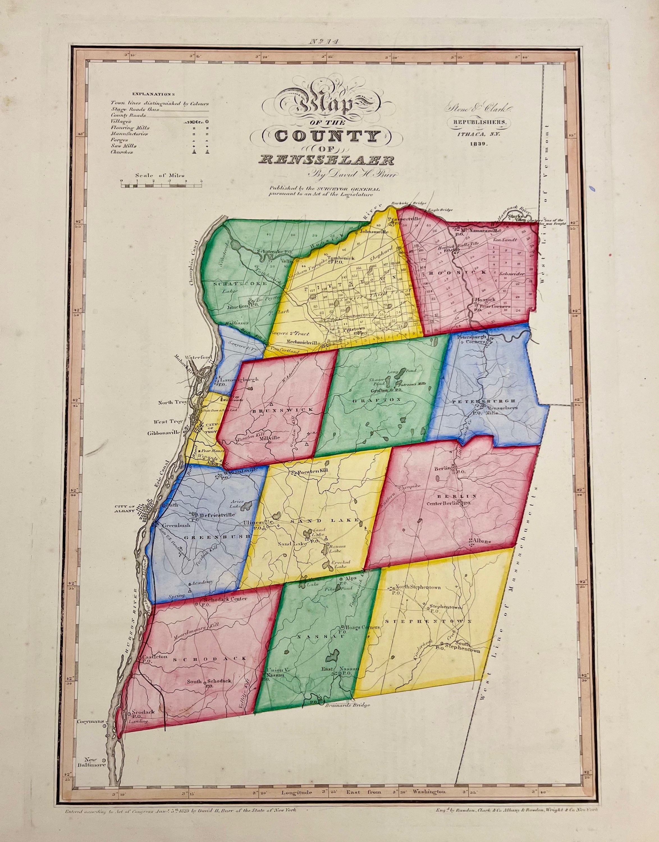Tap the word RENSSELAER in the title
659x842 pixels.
click(x=327, y=160)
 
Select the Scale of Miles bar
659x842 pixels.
click(x=162, y=186)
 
